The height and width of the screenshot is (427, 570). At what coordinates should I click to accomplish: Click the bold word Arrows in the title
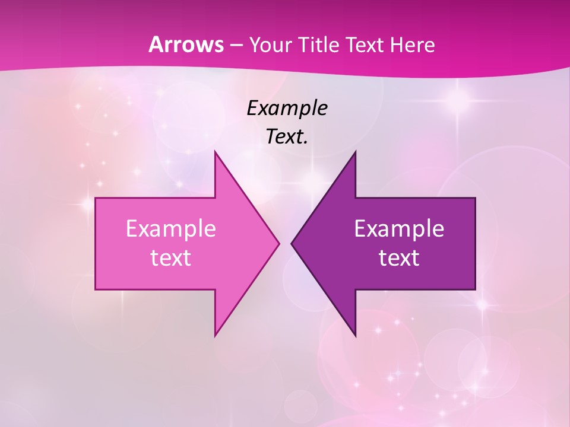tap(186, 44)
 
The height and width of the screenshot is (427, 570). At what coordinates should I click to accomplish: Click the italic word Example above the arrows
tap(287, 109)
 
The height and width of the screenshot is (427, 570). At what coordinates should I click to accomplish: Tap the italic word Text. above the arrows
tap(287, 137)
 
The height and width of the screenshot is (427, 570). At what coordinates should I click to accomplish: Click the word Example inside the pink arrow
tap(171, 229)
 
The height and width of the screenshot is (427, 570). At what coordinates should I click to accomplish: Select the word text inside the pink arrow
tap(171, 258)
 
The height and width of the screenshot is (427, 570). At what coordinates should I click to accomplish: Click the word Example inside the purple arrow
tap(399, 229)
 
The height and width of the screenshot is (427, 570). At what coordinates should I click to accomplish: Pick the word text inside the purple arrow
tap(399, 258)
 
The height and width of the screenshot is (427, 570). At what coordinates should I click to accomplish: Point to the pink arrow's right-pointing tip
tap(279, 243)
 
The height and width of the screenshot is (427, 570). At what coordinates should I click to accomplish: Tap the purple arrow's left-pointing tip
tap(292, 243)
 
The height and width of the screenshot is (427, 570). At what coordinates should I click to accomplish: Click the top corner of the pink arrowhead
tap(215, 151)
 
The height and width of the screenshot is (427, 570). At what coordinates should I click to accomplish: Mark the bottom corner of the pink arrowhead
tap(215, 336)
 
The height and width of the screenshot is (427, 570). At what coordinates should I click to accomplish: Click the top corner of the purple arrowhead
tap(355, 151)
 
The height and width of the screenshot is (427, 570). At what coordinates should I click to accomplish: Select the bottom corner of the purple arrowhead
tap(355, 336)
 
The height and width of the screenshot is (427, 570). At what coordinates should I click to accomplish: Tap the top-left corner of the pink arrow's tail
tap(96, 198)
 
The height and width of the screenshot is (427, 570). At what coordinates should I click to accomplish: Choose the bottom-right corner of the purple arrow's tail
tap(475, 289)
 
